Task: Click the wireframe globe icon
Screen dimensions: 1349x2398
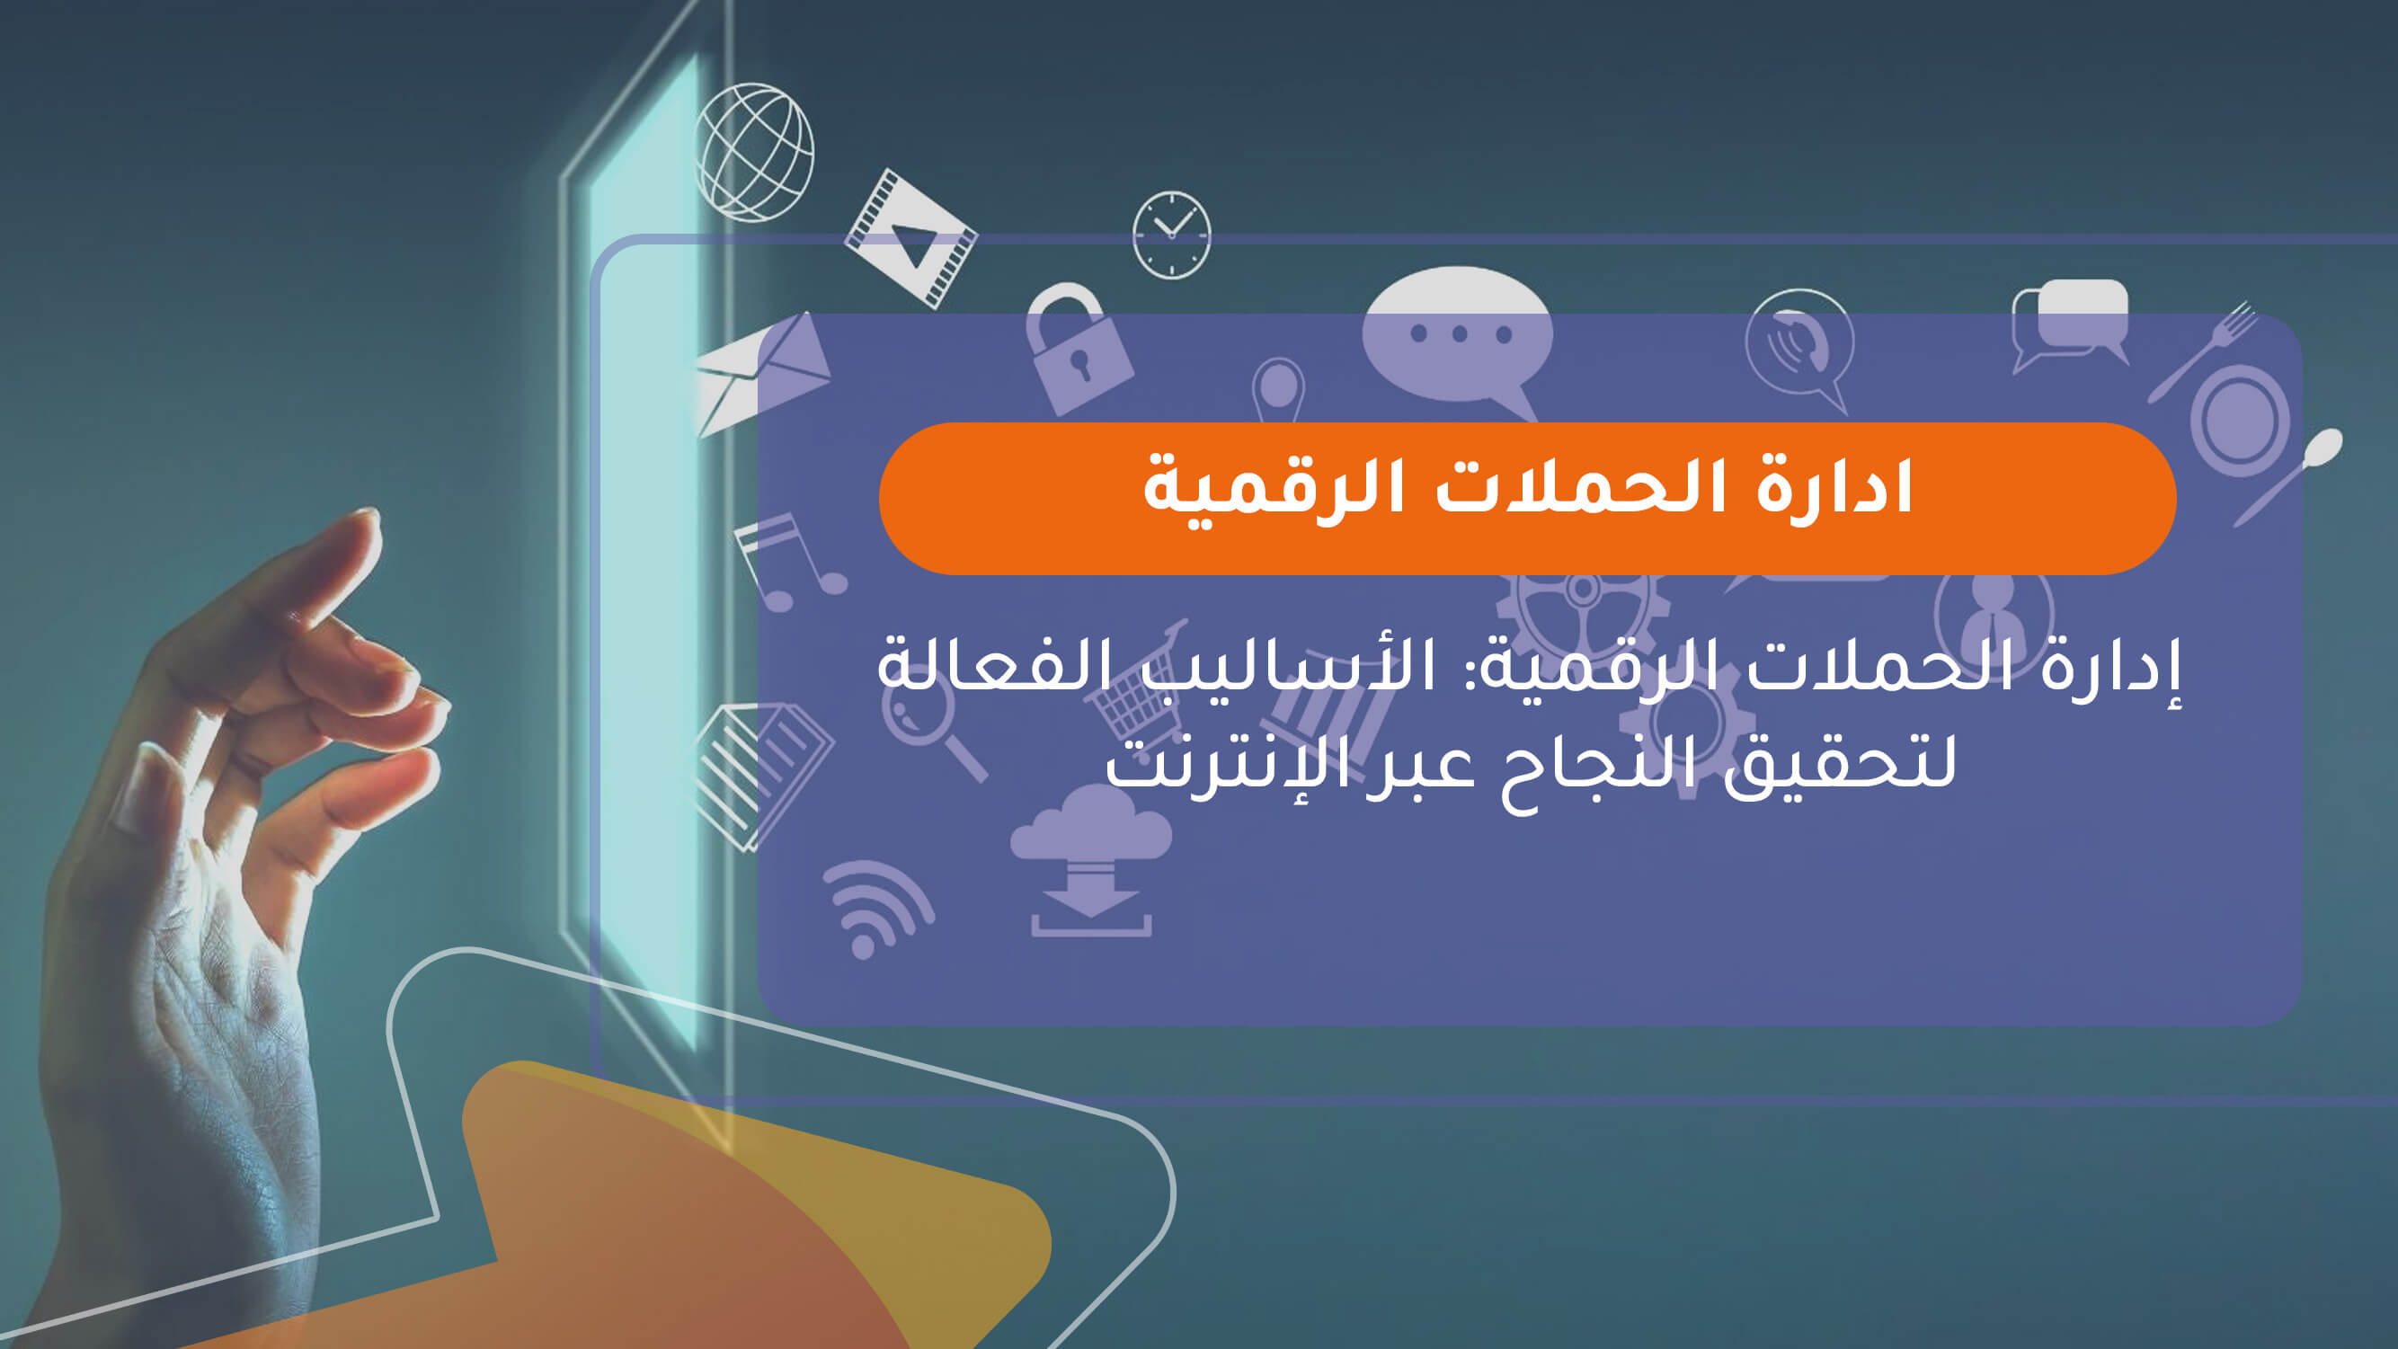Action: click(x=754, y=153)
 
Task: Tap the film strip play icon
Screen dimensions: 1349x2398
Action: click(x=910, y=238)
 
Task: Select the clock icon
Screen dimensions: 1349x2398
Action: click(x=1171, y=235)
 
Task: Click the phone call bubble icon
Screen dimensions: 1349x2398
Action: click(x=1798, y=344)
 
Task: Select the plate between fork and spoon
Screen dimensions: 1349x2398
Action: click(x=2240, y=419)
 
